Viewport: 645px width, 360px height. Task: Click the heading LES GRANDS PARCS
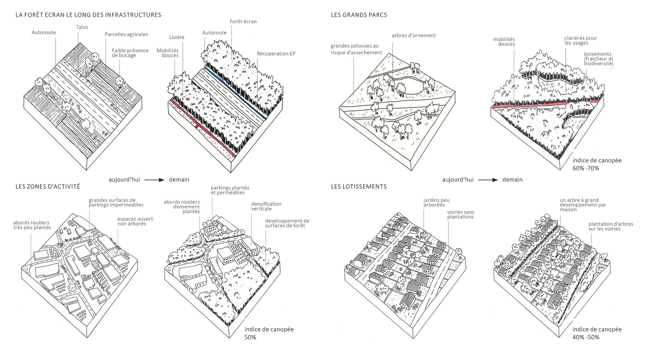pos(359,15)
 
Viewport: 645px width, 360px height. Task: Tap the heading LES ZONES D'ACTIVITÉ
pos(48,186)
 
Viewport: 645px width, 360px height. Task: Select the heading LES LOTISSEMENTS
pos(359,186)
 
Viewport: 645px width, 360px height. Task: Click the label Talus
pos(82,27)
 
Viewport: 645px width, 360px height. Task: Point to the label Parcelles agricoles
pos(126,34)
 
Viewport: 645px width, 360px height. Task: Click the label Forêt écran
pos(243,22)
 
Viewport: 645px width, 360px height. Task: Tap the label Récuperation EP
pos(276,54)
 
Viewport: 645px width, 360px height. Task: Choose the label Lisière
pos(177,37)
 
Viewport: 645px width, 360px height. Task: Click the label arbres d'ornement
pos(414,35)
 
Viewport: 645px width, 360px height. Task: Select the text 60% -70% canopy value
pos(586,168)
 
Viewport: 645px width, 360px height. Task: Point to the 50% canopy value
pos(250,337)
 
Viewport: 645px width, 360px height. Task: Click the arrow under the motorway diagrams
pos(155,180)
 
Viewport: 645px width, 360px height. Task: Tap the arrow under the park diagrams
pos(488,180)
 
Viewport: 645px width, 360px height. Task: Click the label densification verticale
pos(266,206)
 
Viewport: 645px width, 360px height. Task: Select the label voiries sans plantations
pos(461,215)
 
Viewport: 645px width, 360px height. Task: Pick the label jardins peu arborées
pos(436,203)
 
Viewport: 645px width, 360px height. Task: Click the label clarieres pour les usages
pos(580,40)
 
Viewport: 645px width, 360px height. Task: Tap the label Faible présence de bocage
pos(130,53)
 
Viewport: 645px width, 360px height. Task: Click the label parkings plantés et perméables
pos(230,190)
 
